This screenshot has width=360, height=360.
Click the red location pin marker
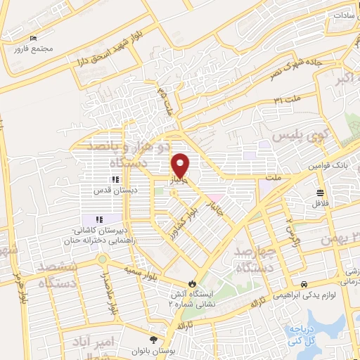tap(181, 165)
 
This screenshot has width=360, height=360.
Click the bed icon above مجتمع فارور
tap(33, 38)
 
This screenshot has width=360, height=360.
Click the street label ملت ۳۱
tap(287, 98)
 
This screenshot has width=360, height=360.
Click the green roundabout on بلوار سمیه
tap(103, 259)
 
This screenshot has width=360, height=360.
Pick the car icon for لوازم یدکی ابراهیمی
tap(303, 283)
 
